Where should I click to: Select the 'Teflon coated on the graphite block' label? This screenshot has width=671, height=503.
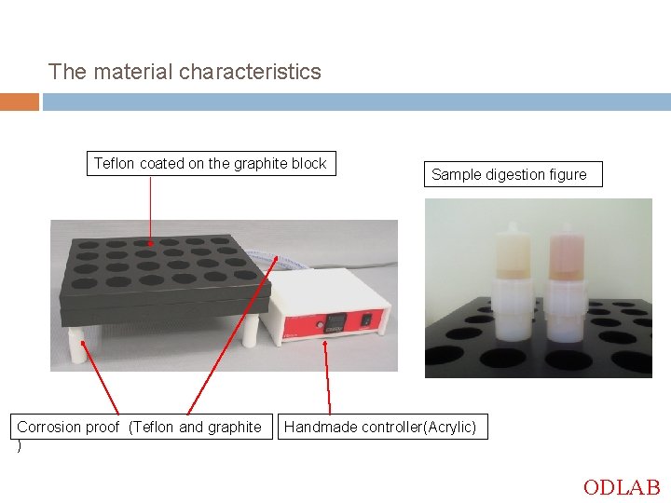(210, 164)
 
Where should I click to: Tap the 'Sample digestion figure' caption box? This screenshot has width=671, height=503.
(509, 174)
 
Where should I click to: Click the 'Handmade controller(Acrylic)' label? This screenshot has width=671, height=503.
(380, 428)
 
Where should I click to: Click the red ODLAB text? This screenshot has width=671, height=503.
(621, 487)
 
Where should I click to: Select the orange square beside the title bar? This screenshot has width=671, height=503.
(19, 102)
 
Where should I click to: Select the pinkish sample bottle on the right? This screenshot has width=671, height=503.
(565, 255)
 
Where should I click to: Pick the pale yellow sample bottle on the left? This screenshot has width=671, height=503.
(514, 253)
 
